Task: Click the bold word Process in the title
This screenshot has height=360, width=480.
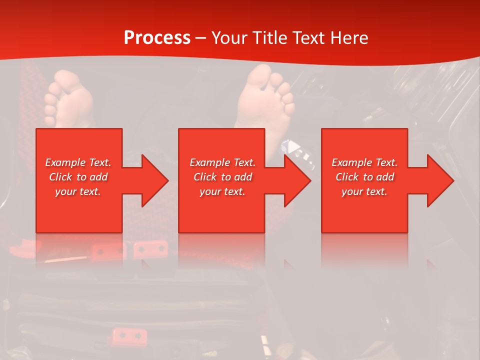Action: (x=157, y=38)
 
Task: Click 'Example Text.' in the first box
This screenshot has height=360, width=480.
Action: (x=78, y=162)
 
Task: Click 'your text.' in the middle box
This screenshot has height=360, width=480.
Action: (x=222, y=191)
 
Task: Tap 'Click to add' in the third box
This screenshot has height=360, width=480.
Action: (x=364, y=177)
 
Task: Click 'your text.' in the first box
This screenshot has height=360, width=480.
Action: (x=78, y=191)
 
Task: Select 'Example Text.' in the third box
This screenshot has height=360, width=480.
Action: (x=364, y=162)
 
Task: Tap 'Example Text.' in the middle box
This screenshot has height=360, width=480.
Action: (x=222, y=162)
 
